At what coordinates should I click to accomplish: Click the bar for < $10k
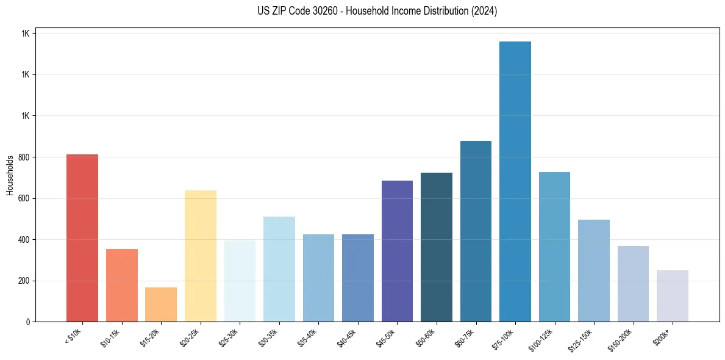pyautogui.click(x=82, y=238)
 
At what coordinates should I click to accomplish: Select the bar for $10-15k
pyautogui.click(x=121, y=285)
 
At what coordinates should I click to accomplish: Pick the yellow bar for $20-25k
pyautogui.click(x=200, y=256)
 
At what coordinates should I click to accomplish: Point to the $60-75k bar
pyautogui.click(x=476, y=231)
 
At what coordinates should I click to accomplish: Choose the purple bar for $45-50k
pyautogui.click(x=397, y=251)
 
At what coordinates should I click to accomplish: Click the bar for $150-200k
pyautogui.click(x=633, y=284)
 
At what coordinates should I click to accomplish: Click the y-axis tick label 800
pyautogui.click(x=24, y=157)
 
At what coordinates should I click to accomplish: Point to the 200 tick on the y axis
pyautogui.click(x=24, y=281)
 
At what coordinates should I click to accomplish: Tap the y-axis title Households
pyautogui.click(x=10, y=175)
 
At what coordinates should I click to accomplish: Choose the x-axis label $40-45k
pyautogui.click(x=347, y=337)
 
